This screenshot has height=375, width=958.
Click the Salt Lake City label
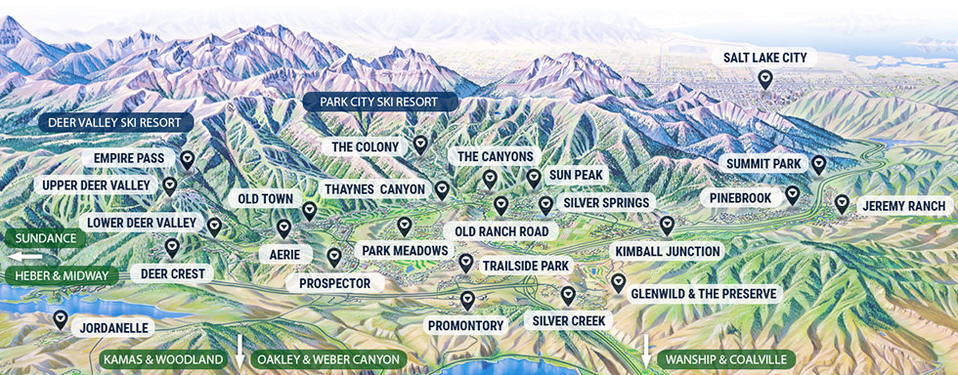coord(765,59)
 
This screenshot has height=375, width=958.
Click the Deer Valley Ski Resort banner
coord(114,123)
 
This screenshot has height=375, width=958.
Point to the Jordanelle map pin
coord(61,318)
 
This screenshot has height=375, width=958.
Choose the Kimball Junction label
coord(668,251)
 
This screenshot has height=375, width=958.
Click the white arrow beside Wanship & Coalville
coord(646,350)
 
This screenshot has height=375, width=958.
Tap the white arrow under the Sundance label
coord(26,256)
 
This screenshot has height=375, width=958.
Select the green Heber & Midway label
coord(61,275)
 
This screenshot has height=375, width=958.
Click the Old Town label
coord(265,199)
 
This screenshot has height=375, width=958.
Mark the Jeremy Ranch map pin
coord(842,203)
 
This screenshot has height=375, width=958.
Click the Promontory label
coord(465,324)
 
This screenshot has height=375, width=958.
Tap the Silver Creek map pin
coord(568,294)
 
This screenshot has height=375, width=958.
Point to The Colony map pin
coord(420,145)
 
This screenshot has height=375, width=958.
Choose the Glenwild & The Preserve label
coord(704,293)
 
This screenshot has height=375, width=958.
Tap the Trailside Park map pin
coord(465,263)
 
